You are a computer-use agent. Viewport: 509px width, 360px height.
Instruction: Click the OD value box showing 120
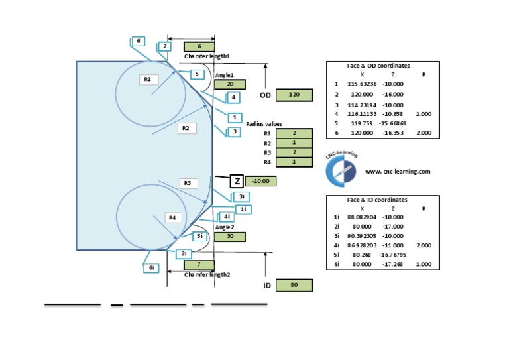point(294,95)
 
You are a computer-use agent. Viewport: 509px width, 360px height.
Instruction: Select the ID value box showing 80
point(294,286)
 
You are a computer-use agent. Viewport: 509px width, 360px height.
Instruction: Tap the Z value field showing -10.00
point(260,181)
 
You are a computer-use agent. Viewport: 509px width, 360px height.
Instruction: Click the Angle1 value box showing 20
point(229,84)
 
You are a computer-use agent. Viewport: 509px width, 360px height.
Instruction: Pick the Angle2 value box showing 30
point(229,237)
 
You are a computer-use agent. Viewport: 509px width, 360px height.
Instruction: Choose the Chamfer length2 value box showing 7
point(199,265)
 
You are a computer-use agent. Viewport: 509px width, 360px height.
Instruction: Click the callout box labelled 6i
point(152,268)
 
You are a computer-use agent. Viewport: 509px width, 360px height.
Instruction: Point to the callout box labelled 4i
point(227,217)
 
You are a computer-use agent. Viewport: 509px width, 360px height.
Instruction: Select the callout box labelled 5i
point(199,236)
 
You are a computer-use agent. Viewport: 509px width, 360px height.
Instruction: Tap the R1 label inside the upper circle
point(148,80)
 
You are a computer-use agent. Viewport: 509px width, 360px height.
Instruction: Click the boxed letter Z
point(237,181)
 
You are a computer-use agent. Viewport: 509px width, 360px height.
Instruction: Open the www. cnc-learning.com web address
point(398,171)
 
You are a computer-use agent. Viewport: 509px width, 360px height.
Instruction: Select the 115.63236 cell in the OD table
point(362,84)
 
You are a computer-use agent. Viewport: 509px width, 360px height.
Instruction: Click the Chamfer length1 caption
point(207,56)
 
